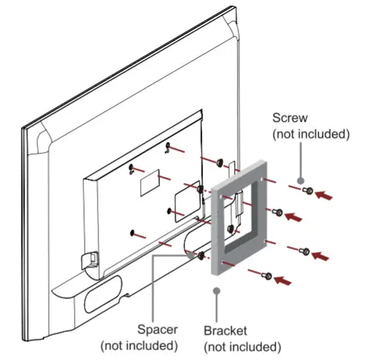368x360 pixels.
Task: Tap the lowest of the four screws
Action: point(267,274)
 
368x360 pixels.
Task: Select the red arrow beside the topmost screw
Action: point(326,194)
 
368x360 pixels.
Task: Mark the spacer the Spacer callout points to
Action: point(201,255)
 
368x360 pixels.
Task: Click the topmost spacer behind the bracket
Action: point(219,163)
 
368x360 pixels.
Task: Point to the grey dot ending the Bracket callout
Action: point(217,290)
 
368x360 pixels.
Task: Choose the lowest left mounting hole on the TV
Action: point(133,232)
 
